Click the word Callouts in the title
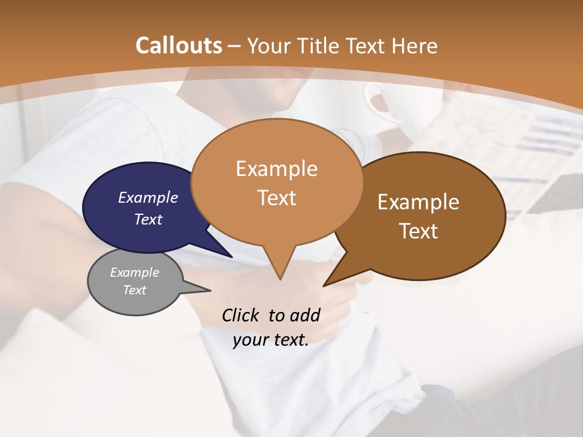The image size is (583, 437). [179, 46]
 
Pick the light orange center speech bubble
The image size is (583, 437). [277, 182]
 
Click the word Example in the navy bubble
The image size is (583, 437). [148, 197]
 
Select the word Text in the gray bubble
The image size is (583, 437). [135, 290]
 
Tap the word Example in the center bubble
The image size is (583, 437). [277, 169]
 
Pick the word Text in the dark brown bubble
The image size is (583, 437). [419, 231]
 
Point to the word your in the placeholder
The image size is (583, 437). [250, 340]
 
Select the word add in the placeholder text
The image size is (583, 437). [305, 315]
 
